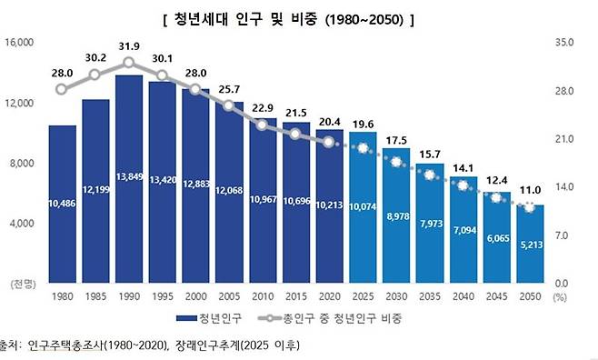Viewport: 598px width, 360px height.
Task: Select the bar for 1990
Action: click(x=129, y=182)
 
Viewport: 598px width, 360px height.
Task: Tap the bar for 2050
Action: click(x=530, y=245)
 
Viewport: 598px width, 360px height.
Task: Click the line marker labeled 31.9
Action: click(x=129, y=63)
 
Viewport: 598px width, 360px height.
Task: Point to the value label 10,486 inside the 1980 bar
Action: click(x=62, y=201)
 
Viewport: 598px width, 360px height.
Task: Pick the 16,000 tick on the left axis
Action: click(x=19, y=43)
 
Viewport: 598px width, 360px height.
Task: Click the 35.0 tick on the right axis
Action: click(x=563, y=43)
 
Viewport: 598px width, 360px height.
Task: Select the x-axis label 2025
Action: click(x=363, y=297)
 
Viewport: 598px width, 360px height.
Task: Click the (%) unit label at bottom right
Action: click(x=560, y=297)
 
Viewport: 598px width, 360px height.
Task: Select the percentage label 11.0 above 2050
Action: click(x=530, y=189)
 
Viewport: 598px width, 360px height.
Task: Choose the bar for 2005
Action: click(x=229, y=195)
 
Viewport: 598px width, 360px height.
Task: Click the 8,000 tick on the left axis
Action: click(x=21, y=164)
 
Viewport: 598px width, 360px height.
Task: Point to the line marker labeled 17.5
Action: click(x=396, y=162)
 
